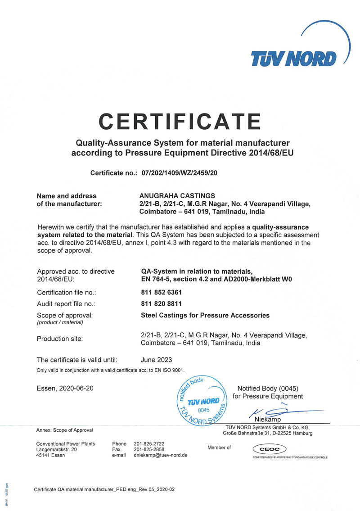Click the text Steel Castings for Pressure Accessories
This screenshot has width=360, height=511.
tap(205, 315)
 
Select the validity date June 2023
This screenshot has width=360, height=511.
tap(156, 360)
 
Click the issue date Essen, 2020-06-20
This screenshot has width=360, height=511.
tap(65, 388)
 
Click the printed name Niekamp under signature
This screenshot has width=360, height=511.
tap(267, 420)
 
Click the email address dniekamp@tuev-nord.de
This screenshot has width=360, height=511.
tap(161, 455)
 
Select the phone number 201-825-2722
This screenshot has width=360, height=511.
tap(149, 443)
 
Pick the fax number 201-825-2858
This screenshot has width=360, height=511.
tap(149, 449)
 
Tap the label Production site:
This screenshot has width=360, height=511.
tap(60, 339)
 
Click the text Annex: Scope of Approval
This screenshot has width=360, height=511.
tap(64, 430)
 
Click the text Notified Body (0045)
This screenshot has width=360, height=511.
tap(268, 389)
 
